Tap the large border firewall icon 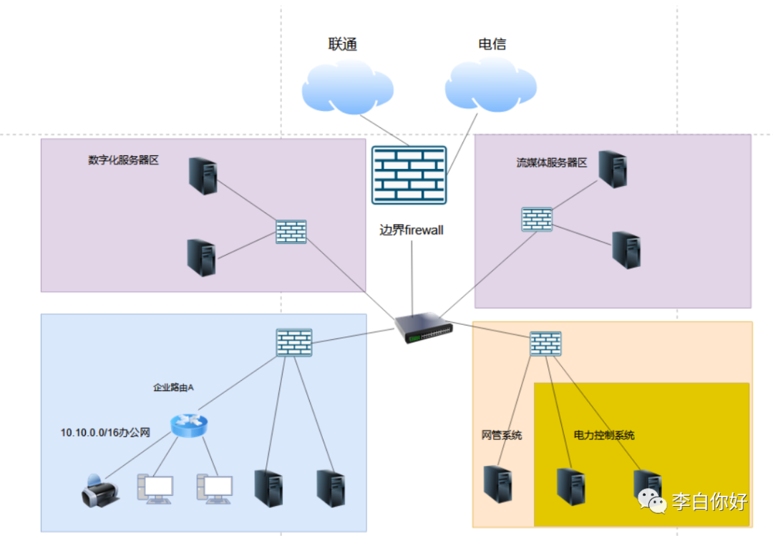click(409, 175)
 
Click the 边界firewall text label click(412, 230)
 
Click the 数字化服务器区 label click(123, 160)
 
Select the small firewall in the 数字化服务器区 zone click(291, 232)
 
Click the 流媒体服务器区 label click(552, 162)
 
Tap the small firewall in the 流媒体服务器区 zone click(537, 220)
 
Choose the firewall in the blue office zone click(294, 343)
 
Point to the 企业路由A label click(174, 387)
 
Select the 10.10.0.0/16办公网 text click(105, 432)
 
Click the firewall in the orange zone click(545, 343)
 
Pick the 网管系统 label click(502, 435)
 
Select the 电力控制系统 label click(604, 435)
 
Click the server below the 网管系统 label click(497, 484)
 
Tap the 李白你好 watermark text click(709, 502)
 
